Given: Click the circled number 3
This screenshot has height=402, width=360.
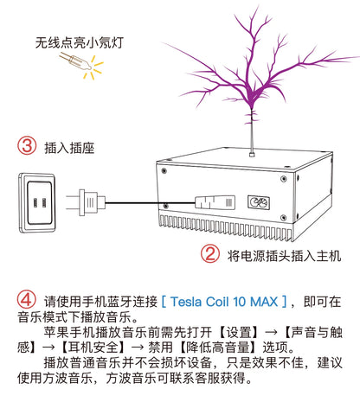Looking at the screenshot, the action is click(x=27, y=146).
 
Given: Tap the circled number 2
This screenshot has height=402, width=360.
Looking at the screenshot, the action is click(x=209, y=253).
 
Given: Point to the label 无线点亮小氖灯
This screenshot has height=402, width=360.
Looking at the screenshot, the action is click(x=80, y=42).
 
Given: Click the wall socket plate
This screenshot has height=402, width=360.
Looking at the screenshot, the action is click(x=37, y=203).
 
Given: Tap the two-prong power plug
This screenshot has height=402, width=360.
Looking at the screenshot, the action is click(x=86, y=202).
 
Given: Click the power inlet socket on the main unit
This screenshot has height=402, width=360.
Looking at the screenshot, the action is click(x=259, y=202).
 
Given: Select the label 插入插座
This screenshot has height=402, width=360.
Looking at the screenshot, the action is click(x=69, y=148).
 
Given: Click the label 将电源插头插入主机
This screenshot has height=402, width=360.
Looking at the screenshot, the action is click(x=285, y=255).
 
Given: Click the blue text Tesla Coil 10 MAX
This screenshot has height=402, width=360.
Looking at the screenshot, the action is click(x=224, y=302).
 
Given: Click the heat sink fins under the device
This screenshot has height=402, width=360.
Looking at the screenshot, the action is click(x=226, y=227).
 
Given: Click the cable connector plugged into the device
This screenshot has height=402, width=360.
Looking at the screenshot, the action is click(x=215, y=202).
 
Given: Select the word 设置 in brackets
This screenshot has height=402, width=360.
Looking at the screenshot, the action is click(x=239, y=332).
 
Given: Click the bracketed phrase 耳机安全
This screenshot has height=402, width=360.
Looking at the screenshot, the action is click(x=93, y=347).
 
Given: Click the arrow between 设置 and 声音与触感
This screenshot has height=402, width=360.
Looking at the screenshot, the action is click(x=271, y=333).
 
